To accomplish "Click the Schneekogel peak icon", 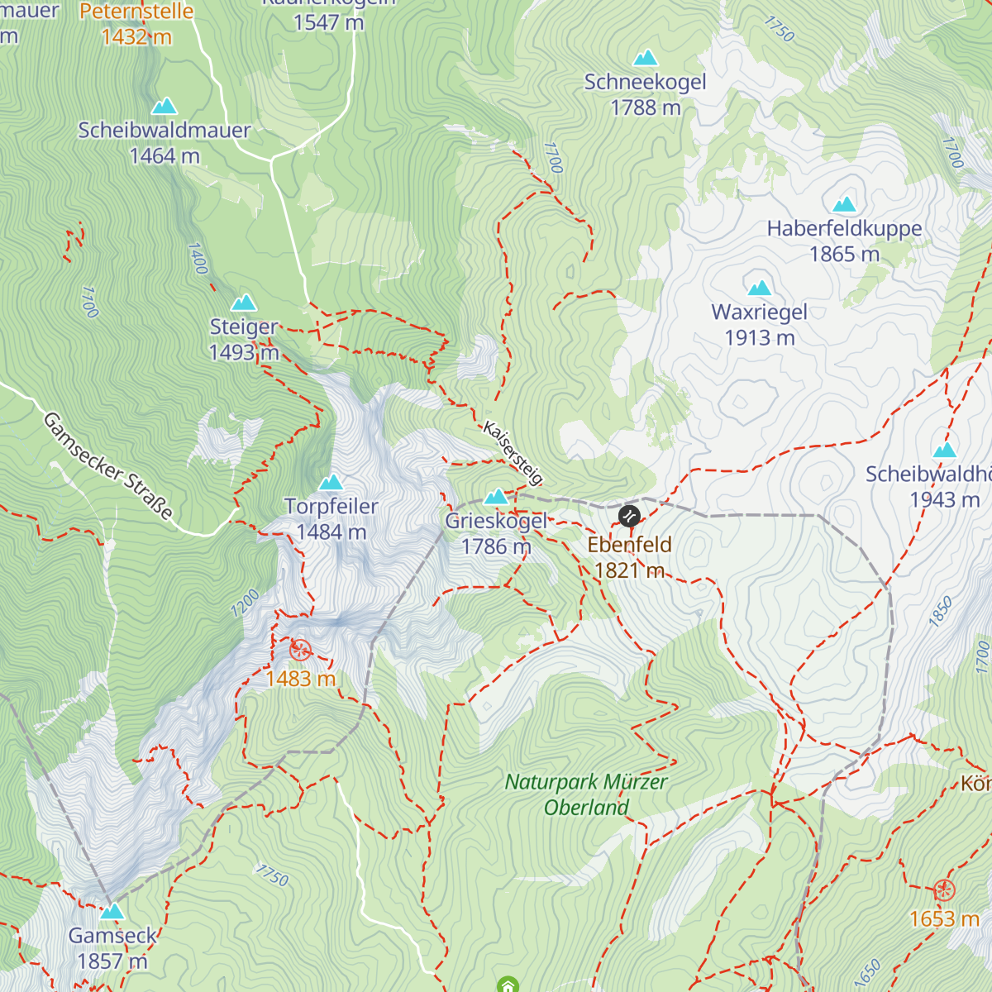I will coord(645,58).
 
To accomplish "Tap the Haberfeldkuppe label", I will coord(844,229).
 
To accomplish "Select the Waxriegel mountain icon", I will coord(759,288).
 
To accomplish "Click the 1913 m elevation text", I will coord(759,338).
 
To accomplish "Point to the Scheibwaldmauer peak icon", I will coord(165,106).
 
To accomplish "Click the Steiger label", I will coord(243,327).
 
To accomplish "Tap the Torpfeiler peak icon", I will coord(331,482).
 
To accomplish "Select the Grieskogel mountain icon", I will coord(496,497).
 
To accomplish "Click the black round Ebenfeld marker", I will coord(629,517).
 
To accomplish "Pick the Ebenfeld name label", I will coord(629,545).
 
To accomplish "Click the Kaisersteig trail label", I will coord(513,453).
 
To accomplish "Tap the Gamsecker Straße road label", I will coord(108,466).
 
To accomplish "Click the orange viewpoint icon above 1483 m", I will coord(300,650).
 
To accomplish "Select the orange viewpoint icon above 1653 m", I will coord(944,890).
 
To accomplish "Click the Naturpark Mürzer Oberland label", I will coord(586,794).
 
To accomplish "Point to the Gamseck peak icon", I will coord(112,911).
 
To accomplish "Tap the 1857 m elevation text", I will coord(112,961).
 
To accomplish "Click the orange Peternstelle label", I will coord(136,12).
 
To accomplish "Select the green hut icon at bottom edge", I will coord(508,985).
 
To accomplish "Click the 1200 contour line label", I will coord(246,603).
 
